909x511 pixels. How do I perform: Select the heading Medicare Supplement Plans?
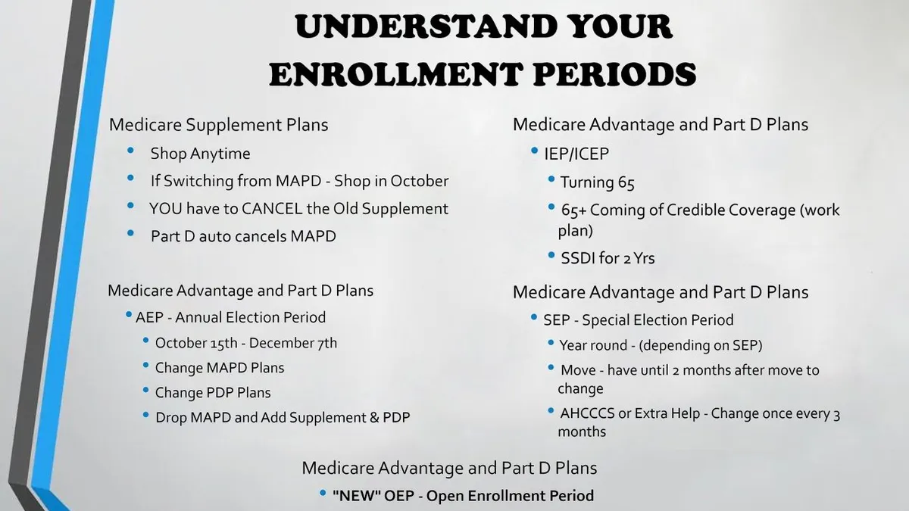(x=218, y=124)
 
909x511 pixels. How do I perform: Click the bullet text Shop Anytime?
(x=200, y=154)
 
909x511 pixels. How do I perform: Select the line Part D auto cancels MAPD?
(x=243, y=236)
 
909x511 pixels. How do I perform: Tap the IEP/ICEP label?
(x=576, y=154)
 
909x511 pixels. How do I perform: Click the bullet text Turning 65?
(x=597, y=182)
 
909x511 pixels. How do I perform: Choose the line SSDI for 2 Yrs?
(x=608, y=258)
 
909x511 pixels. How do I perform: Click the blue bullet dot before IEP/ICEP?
(x=535, y=151)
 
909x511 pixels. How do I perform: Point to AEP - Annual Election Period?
(x=230, y=317)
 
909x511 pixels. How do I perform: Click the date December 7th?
(x=293, y=343)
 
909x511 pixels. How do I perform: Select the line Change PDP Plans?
(x=213, y=393)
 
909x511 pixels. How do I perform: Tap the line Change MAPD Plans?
(x=220, y=368)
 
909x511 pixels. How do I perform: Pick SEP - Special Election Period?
(x=639, y=320)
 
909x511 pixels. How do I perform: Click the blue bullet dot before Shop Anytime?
(x=130, y=151)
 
